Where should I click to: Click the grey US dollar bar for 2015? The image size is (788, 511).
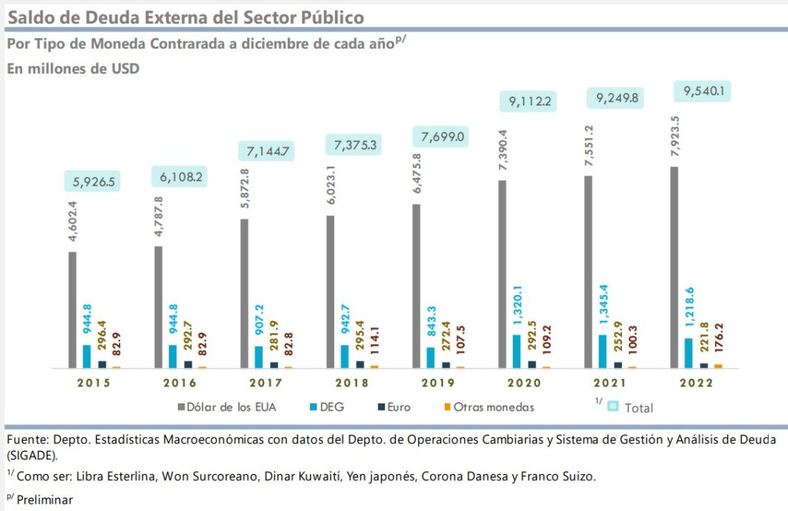coord(72,310)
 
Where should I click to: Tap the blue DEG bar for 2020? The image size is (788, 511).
coord(517,350)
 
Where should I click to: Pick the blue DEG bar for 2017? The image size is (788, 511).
coord(259,356)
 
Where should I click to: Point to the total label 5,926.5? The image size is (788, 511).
coord(93,181)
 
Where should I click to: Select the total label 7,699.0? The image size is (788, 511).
coord(442,137)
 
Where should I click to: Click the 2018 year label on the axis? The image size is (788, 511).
coord(351,383)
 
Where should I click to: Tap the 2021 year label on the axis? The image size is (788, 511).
coord(609,383)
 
